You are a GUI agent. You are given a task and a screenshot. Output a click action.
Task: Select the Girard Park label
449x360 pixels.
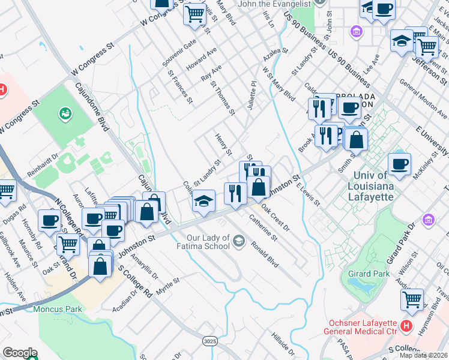(364, 274)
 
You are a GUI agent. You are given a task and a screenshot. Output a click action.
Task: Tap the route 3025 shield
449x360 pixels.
(209, 341)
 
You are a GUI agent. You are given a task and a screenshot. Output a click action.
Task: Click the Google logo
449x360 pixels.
(20, 352)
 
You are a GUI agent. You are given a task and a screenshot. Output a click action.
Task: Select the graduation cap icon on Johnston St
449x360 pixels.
(204, 200)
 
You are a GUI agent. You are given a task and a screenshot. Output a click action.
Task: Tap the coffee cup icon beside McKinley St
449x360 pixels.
(399, 164)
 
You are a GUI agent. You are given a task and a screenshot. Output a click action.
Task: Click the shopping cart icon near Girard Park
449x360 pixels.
(412, 300)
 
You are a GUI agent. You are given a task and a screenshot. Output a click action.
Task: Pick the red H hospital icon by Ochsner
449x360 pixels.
(406, 326)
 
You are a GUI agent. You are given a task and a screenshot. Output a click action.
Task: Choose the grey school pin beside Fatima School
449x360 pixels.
(240, 241)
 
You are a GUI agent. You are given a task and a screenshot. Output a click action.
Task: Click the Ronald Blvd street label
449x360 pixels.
(265, 254)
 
